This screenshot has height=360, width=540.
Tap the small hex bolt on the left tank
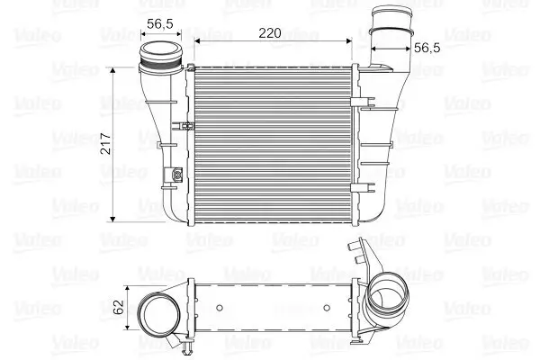point(177,175)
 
